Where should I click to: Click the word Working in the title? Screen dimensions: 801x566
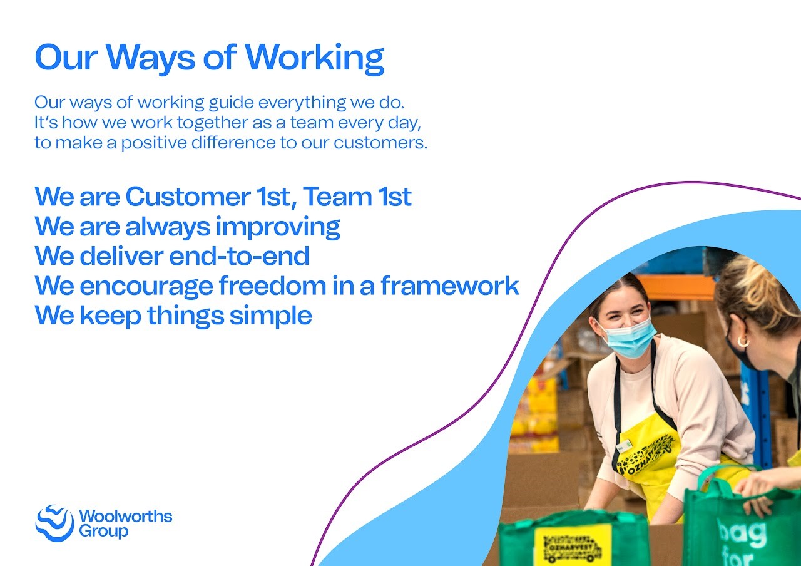pyautogui.click(x=314, y=59)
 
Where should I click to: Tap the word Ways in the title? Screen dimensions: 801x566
pyautogui.click(x=150, y=59)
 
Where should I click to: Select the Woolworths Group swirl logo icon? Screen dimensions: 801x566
pyautogui.click(x=54, y=523)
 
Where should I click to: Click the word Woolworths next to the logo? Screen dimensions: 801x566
pyautogui.click(x=126, y=517)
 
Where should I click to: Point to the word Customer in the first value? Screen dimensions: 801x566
pyautogui.click(x=188, y=197)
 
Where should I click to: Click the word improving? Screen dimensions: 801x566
pyautogui.click(x=278, y=227)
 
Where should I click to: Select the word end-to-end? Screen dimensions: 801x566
pyautogui.click(x=239, y=256)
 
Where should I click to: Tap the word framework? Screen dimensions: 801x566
pyautogui.click(x=450, y=286)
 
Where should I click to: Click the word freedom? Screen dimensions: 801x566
pyautogui.click(x=272, y=286)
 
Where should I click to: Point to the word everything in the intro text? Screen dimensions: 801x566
pyautogui.click(x=302, y=103)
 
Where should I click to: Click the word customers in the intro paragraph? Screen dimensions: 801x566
pyautogui.click(x=380, y=143)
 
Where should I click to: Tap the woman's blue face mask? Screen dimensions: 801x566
pyautogui.click(x=628, y=337)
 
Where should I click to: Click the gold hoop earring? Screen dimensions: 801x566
pyautogui.click(x=743, y=342)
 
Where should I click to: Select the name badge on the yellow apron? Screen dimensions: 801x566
pyautogui.click(x=625, y=446)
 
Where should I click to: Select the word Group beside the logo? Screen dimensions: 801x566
pyautogui.click(x=103, y=532)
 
